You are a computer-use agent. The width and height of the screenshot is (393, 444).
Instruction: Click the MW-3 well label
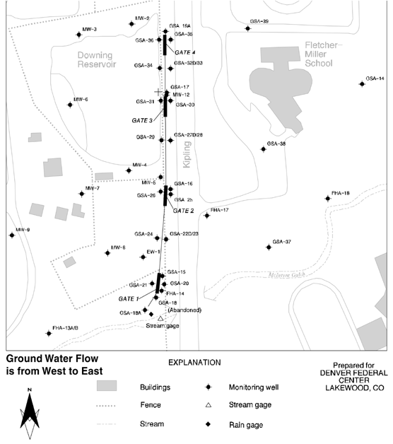click(90, 29)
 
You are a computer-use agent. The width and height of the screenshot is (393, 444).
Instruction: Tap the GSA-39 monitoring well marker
click(249, 28)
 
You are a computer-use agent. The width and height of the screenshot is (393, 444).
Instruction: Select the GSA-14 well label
click(375, 78)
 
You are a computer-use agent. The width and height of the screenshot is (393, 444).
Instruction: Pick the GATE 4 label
click(184, 52)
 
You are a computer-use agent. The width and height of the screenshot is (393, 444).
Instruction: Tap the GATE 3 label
click(142, 120)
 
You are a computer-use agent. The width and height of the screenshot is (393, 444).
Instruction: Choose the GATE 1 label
click(128, 299)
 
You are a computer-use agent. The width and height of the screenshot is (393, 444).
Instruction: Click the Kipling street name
click(186, 153)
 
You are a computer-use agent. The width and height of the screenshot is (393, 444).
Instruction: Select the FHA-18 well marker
click(327, 199)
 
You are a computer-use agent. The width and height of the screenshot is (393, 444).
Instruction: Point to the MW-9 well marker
click(12, 235)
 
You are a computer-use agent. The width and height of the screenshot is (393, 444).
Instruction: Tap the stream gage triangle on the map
click(161, 318)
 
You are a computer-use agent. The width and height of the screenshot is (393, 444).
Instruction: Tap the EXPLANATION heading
click(194, 362)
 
